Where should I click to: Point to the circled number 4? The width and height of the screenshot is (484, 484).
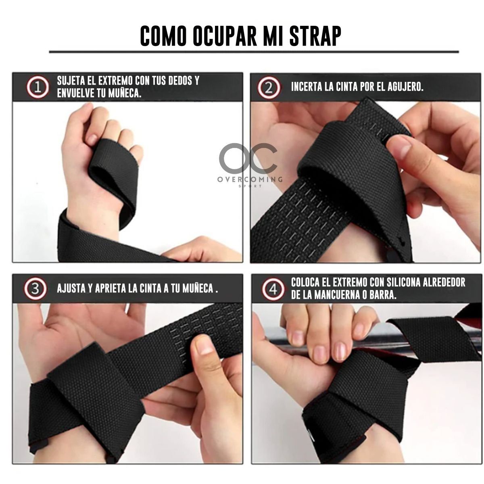pos(273,289)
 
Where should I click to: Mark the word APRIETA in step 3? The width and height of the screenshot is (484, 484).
pos(110,289)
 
